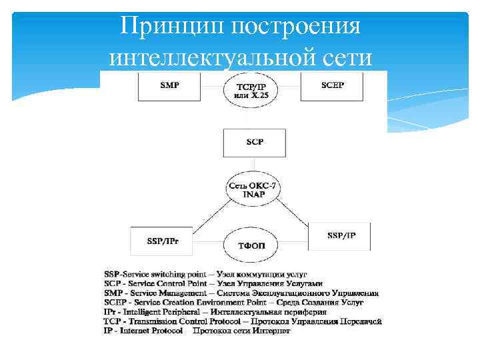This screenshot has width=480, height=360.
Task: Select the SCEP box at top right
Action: pyautogui.click(x=332, y=87)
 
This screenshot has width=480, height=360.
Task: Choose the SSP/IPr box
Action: pyautogui.click(x=160, y=239)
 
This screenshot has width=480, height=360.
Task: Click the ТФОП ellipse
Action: pyautogui.click(x=250, y=245)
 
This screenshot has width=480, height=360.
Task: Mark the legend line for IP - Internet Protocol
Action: pyautogui.click(x=197, y=330)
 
